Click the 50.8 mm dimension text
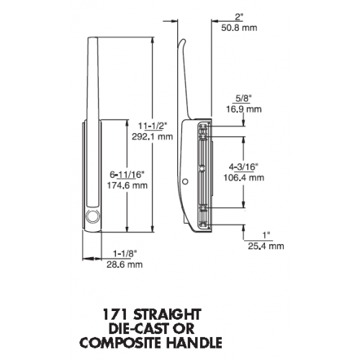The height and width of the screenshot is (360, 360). pos(239,28)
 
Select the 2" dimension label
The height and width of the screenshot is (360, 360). pos(239,17)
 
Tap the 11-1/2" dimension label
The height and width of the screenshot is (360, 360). pos(153,126)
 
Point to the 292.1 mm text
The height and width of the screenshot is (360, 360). pos(153,137)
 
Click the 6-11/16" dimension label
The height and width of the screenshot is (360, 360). pos(127,175)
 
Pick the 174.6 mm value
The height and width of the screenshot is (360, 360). pos(127,186)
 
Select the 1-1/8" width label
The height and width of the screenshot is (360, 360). pos(125,253)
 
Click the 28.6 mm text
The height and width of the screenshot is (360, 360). pos(125,264)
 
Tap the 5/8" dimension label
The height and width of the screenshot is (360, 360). pos(243,99)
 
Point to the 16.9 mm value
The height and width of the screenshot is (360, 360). pos(244,109)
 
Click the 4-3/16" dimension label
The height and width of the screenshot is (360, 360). pos(243,167)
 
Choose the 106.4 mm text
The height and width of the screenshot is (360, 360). pos(244,178)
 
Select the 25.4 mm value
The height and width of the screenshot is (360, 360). pos(266,246)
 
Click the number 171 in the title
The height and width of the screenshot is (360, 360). pos(115,315)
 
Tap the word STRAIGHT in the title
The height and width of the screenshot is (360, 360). pos(167,315)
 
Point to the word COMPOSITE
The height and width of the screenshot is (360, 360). pos(120,343)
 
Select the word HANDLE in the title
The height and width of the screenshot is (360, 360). pos(194,343)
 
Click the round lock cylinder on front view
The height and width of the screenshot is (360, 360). pos(93,216)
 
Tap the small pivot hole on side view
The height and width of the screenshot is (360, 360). pos(185,181)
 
